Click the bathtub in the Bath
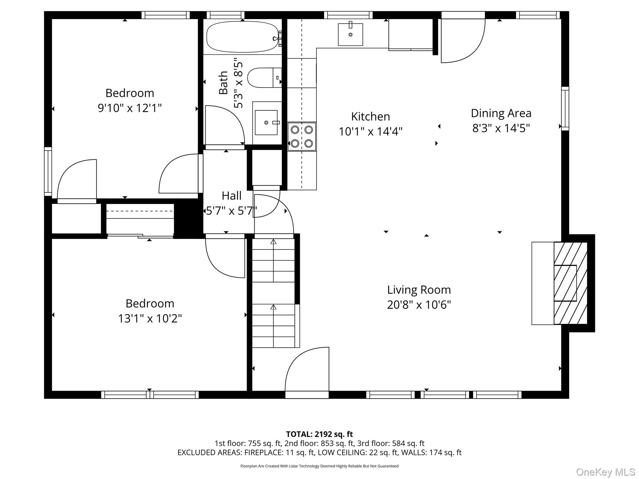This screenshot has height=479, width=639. pyautogui.click(x=242, y=37)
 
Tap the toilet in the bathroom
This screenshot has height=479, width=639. pyautogui.click(x=264, y=78)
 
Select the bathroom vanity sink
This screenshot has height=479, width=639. pyautogui.click(x=266, y=123)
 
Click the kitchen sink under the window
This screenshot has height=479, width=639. pyautogui.click(x=350, y=34)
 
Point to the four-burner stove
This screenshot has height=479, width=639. pyautogui.click(x=302, y=136)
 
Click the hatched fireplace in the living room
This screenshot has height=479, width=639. pyautogui.click(x=570, y=283)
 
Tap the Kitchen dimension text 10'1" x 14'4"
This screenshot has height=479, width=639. pyautogui.click(x=370, y=132)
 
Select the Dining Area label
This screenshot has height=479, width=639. pyautogui.click(x=501, y=113)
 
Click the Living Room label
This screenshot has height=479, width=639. pyautogui.click(x=419, y=290)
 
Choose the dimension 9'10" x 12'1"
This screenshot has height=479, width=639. pyautogui.click(x=130, y=108)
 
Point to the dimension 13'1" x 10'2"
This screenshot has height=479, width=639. pyautogui.click(x=150, y=318)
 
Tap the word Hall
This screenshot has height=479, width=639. pyautogui.click(x=232, y=196)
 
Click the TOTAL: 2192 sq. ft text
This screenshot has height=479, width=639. pyautogui.click(x=319, y=434)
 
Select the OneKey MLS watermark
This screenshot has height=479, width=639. pyautogui.click(x=605, y=472)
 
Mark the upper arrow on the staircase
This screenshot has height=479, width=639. pyautogui.click(x=273, y=242)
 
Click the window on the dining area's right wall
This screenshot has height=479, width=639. pyautogui.click(x=565, y=108)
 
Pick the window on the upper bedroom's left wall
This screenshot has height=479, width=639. pyautogui.click(x=48, y=172)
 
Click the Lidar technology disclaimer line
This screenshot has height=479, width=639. pyautogui.click(x=319, y=466)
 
